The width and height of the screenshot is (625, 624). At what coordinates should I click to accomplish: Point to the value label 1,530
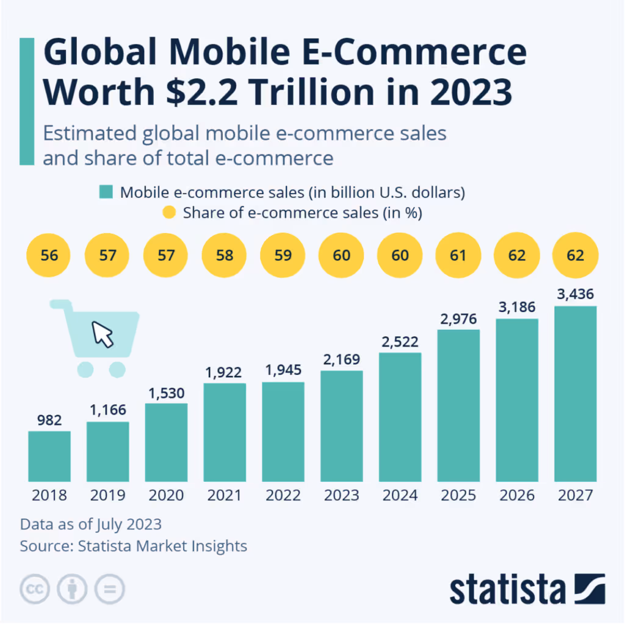tap(167, 393)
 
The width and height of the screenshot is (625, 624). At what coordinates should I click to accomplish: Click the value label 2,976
tap(459, 319)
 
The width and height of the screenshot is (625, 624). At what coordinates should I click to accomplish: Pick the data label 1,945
tap(283, 371)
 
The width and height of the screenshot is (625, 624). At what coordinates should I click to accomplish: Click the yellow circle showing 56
tap(49, 255)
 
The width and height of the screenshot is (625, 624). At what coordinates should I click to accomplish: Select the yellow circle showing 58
tap(225, 255)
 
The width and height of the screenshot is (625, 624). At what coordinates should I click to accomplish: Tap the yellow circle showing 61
tap(459, 255)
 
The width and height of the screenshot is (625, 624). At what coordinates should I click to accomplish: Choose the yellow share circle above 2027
tap(575, 255)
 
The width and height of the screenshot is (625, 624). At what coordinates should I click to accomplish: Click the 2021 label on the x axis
tap(225, 495)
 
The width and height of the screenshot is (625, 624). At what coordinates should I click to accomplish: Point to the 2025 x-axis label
tap(459, 495)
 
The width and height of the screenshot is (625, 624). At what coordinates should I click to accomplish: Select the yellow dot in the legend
tap(171, 213)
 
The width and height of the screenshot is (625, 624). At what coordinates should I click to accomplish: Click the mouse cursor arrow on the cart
tap(103, 334)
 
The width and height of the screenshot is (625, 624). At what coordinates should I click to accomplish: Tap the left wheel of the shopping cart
tap(85, 369)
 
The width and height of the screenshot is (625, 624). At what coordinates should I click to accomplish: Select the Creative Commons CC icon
tap(35, 589)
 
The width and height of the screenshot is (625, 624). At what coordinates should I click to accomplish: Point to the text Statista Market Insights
tap(162, 545)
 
